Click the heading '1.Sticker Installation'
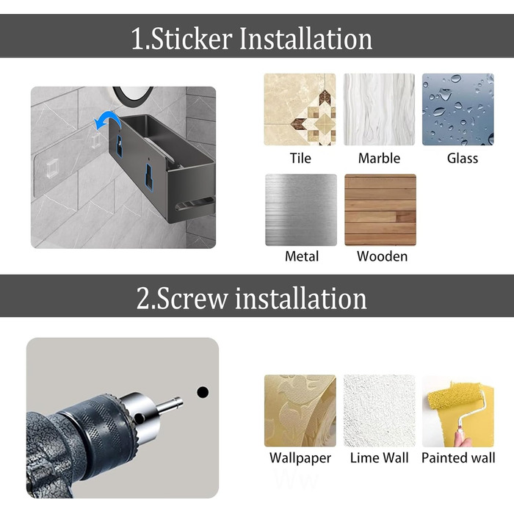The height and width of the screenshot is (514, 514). coord(251,39)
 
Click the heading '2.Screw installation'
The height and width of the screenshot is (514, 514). coord(251,298)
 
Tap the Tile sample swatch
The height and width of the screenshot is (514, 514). coord(300,109)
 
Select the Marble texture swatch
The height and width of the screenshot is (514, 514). coord(379,109)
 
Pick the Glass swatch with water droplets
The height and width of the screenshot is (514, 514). coord(458,109)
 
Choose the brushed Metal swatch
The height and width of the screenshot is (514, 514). coord(301,210)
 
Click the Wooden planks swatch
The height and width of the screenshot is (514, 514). coord(380,210)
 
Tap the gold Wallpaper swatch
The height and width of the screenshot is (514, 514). coord(300,410)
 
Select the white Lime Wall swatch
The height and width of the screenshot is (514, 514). coord(380,410)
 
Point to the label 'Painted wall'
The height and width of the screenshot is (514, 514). coord(458,458)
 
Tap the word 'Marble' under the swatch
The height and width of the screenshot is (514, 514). coord(380,159)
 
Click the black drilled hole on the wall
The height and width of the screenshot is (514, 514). coord(203,392)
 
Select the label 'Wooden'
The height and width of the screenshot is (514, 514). coord(383,256)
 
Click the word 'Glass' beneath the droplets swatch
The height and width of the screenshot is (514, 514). coord(463,159)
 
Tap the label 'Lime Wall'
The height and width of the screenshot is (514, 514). coord(380,458)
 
